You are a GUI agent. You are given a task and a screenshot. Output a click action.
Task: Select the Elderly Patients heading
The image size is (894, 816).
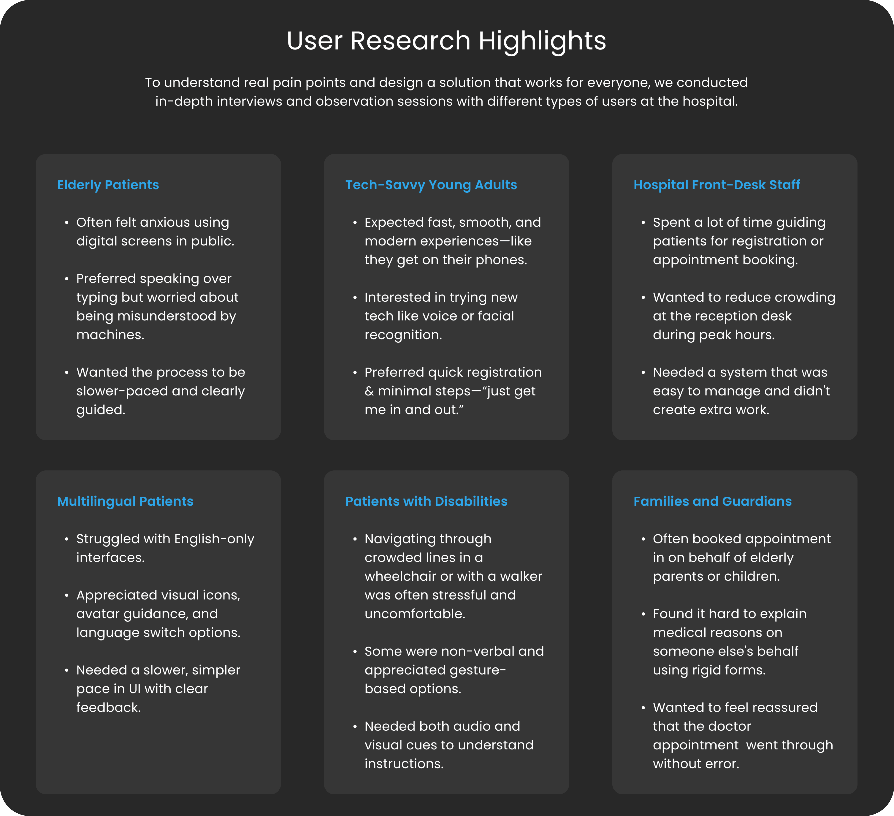(108, 185)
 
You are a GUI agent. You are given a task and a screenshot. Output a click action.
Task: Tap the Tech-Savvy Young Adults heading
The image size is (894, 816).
(431, 185)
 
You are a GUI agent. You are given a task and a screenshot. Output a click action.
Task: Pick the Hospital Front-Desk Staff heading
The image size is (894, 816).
(717, 185)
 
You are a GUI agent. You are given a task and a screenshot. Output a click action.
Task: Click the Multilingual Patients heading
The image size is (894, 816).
(125, 501)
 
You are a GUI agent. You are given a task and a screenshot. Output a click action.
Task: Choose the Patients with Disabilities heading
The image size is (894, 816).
(426, 501)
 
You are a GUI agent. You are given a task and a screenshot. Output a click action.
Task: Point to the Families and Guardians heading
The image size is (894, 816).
(712, 501)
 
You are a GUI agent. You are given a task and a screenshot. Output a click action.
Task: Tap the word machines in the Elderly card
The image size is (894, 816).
(110, 335)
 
